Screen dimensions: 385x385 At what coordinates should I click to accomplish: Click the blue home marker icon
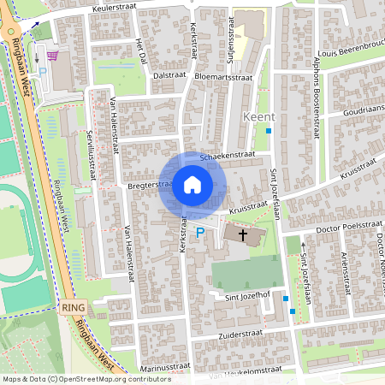coord(192,185)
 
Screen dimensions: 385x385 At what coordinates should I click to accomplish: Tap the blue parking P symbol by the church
coord(201,232)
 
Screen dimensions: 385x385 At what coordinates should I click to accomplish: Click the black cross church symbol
coord(242,234)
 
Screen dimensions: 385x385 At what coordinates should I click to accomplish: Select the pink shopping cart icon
coord(53,56)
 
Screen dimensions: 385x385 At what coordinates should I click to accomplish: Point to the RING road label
coord(71,305)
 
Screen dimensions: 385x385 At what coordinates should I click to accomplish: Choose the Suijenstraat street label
coord(230,38)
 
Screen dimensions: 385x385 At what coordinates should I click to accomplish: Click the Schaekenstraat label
coord(228,156)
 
